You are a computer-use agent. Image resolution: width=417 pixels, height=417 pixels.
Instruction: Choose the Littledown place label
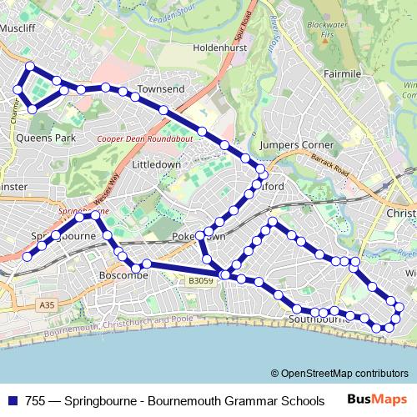[156, 165]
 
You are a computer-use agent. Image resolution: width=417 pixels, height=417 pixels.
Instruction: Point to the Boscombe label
[123, 274]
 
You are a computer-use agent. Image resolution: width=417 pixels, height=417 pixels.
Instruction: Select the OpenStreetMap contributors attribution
[339, 374]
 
